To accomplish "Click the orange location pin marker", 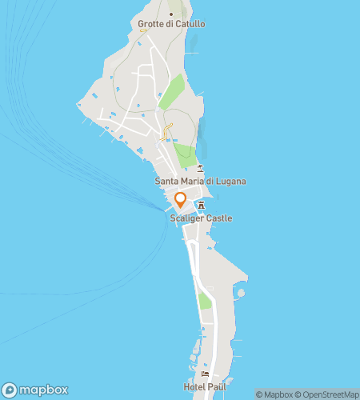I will point(181,200).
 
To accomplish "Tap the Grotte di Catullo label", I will point(171,24).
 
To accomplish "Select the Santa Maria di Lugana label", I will point(200,182).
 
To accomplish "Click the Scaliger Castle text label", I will point(200,218).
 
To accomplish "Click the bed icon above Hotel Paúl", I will point(206,374).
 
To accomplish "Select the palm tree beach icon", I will point(200,168).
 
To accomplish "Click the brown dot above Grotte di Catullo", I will point(171,14).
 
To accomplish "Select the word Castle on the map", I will point(218,218).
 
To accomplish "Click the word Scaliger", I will point(186,218).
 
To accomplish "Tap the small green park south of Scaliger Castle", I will point(205,302).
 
